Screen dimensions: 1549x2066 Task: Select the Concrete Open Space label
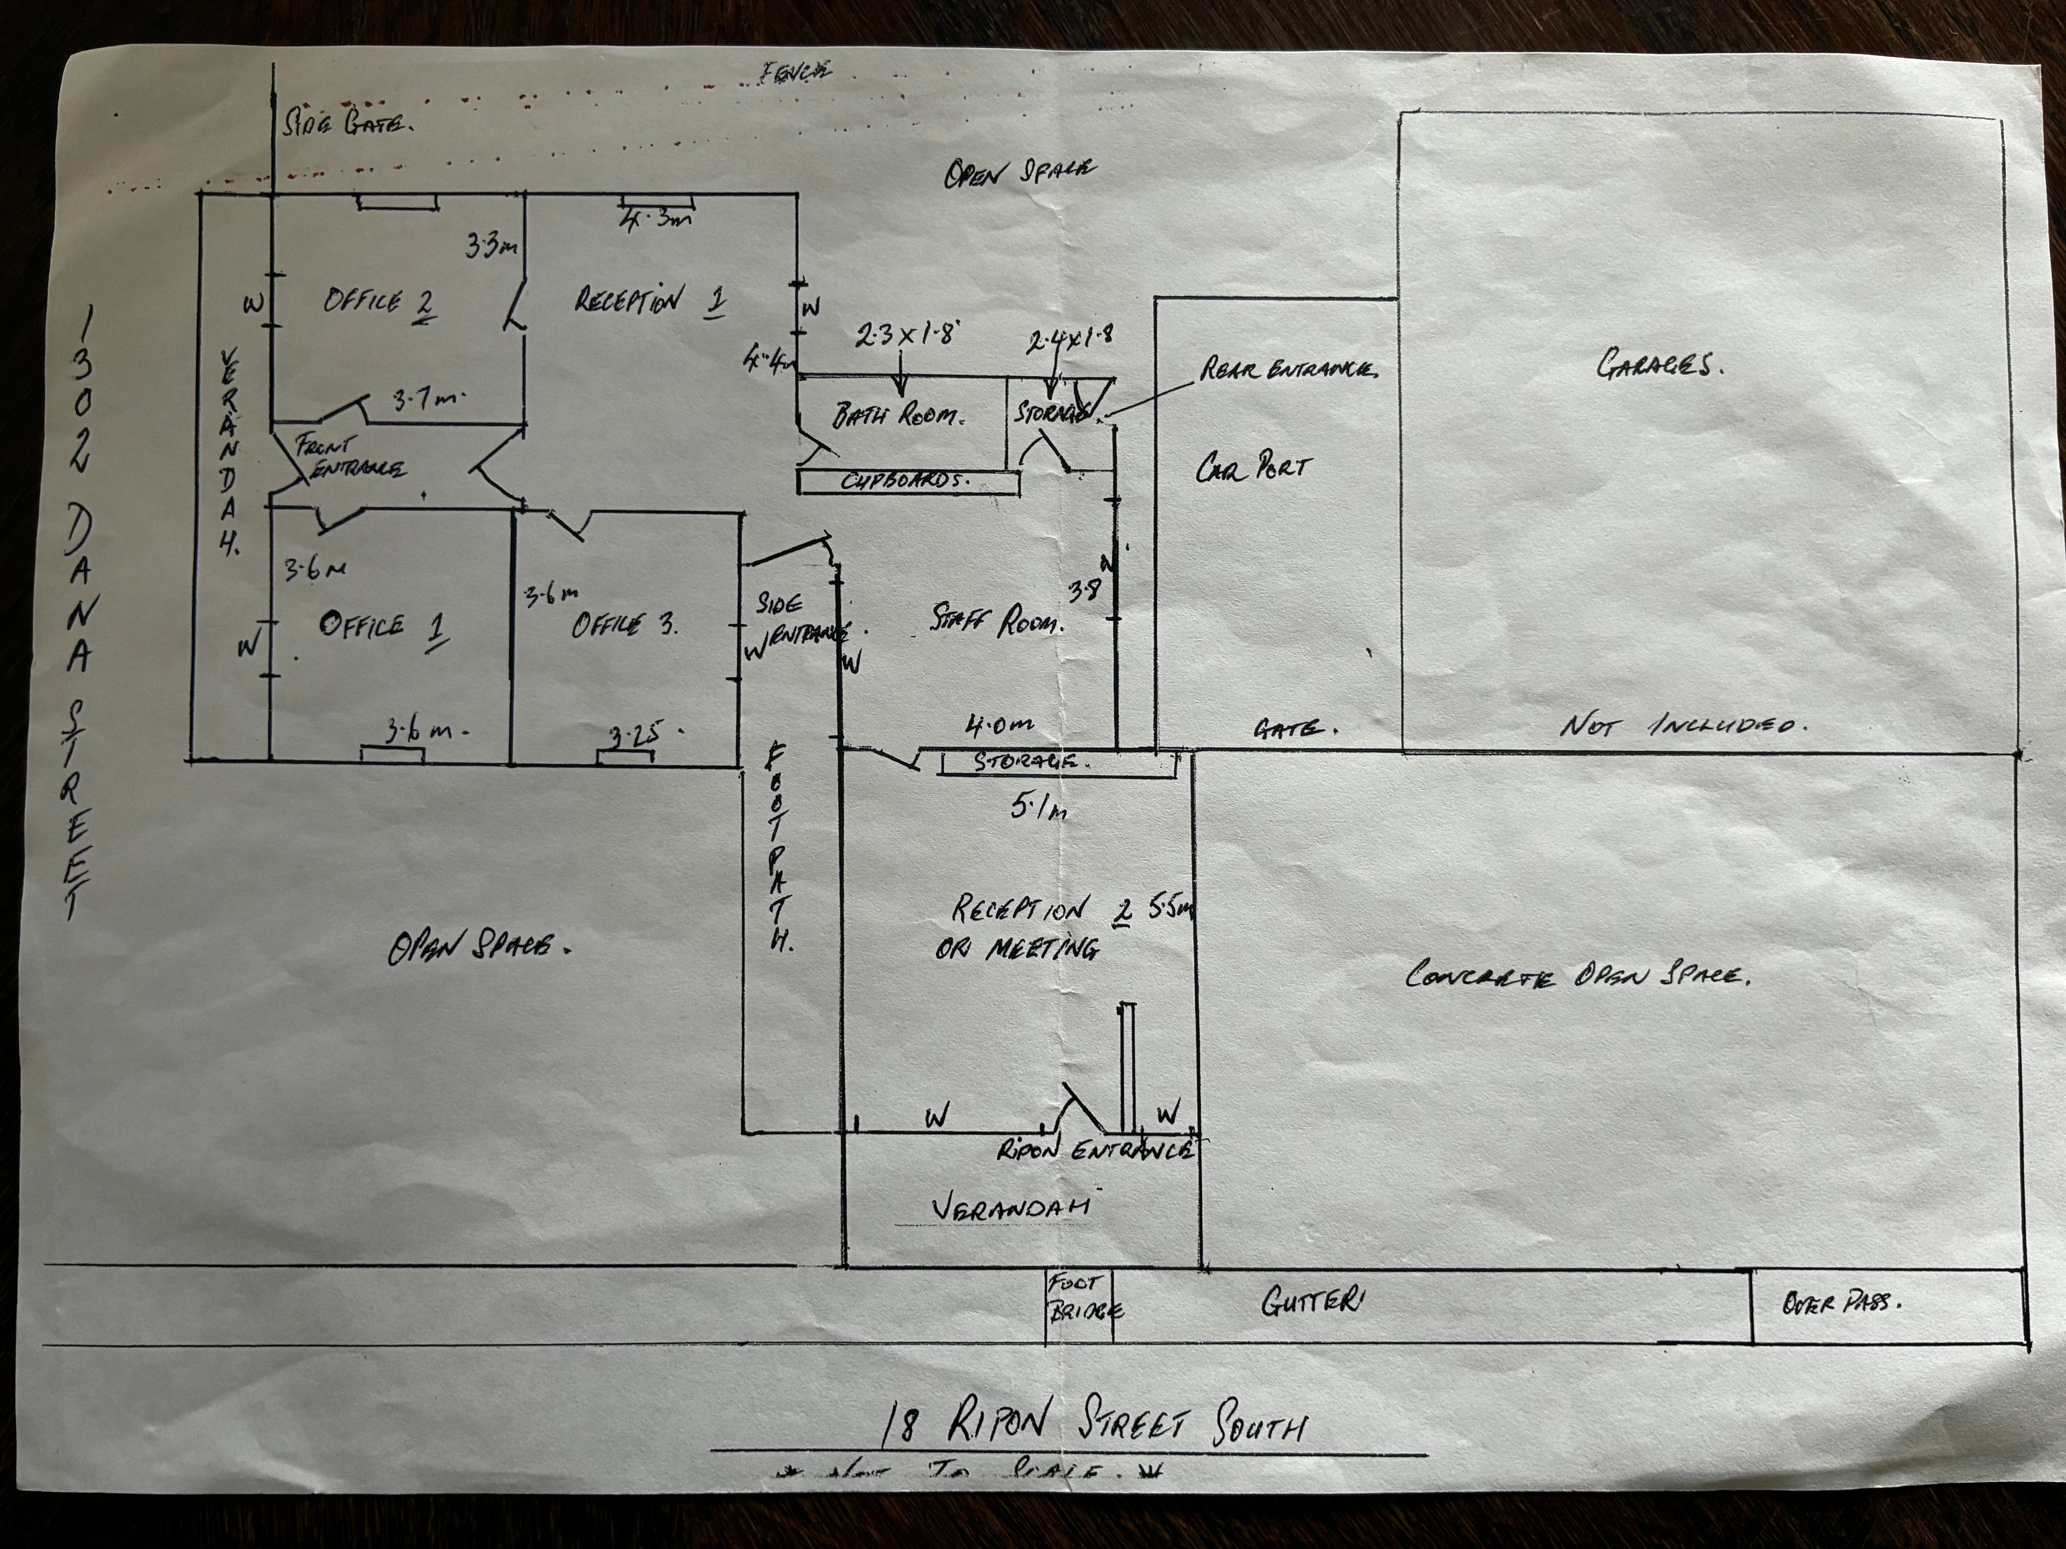tap(1577, 976)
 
